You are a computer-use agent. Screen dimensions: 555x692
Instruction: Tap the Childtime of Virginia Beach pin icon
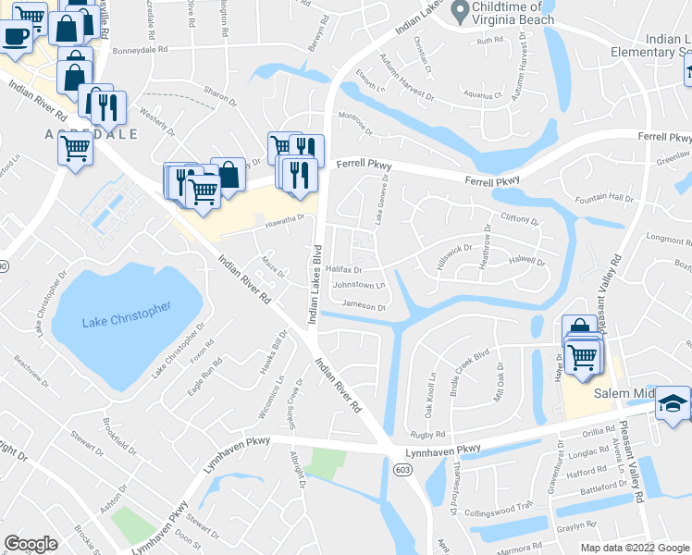tap(457, 10)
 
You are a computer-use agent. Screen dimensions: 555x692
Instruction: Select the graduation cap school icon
tap(673, 403)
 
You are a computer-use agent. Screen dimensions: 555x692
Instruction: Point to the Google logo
tap(31, 543)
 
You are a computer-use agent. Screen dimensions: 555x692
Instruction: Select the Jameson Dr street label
tap(363, 305)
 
